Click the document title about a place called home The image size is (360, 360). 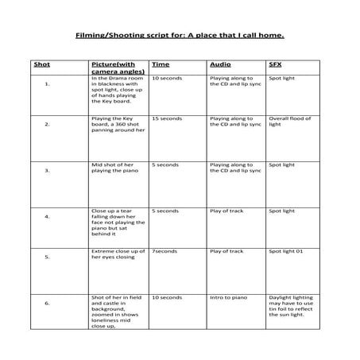[x=180, y=35]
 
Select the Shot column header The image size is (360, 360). [x=41, y=63]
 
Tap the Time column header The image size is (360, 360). [x=161, y=63]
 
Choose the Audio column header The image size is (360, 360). [x=219, y=63]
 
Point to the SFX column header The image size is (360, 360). [x=276, y=63]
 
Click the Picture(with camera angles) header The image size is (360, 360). [x=113, y=67]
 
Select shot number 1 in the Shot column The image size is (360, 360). [x=48, y=82]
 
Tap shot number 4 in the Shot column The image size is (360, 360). [x=48, y=216]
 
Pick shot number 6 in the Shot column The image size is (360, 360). [x=48, y=303]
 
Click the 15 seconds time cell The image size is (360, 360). [x=166, y=118]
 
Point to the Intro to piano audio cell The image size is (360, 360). [x=228, y=296]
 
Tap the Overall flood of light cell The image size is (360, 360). [x=287, y=122]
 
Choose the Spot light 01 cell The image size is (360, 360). [x=285, y=251]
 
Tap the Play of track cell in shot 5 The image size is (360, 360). [x=226, y=251]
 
